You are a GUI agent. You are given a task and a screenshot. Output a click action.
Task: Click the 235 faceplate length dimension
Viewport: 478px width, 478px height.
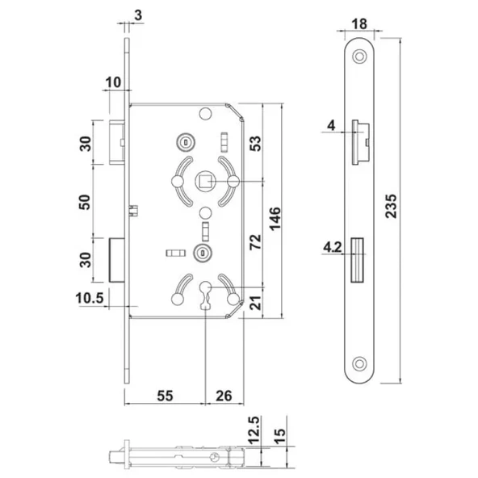point(392,206)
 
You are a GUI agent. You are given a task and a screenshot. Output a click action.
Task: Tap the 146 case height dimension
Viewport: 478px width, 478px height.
point(275,219)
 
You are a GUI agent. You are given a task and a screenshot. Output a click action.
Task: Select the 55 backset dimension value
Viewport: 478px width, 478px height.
point(165,396)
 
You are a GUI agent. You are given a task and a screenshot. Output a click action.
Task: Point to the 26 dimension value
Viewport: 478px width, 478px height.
point(224,396)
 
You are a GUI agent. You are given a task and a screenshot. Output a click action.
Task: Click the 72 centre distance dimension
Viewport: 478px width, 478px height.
point(255,242)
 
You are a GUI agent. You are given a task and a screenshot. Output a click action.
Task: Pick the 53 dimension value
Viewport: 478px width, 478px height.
point(255,143)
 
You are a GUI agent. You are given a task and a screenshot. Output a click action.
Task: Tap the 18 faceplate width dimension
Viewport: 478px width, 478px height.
point(359,24)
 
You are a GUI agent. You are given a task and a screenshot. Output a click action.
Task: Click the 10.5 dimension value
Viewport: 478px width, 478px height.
point(90,298)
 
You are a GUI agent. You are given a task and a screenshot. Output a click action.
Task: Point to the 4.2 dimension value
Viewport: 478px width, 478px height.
point(333,247)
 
